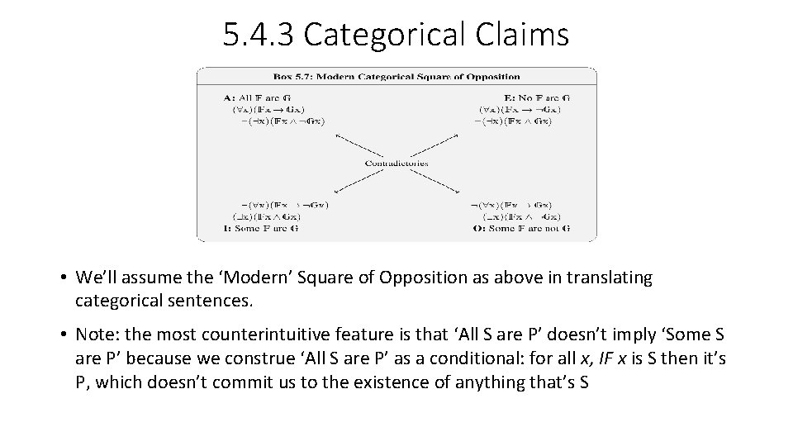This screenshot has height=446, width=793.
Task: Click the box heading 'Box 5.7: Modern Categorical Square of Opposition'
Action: pos(396,77)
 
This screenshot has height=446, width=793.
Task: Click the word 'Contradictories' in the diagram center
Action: pos(396,163)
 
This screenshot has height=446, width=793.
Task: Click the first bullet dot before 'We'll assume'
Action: pos(62,278)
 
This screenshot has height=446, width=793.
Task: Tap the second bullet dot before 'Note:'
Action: pos(62,335)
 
